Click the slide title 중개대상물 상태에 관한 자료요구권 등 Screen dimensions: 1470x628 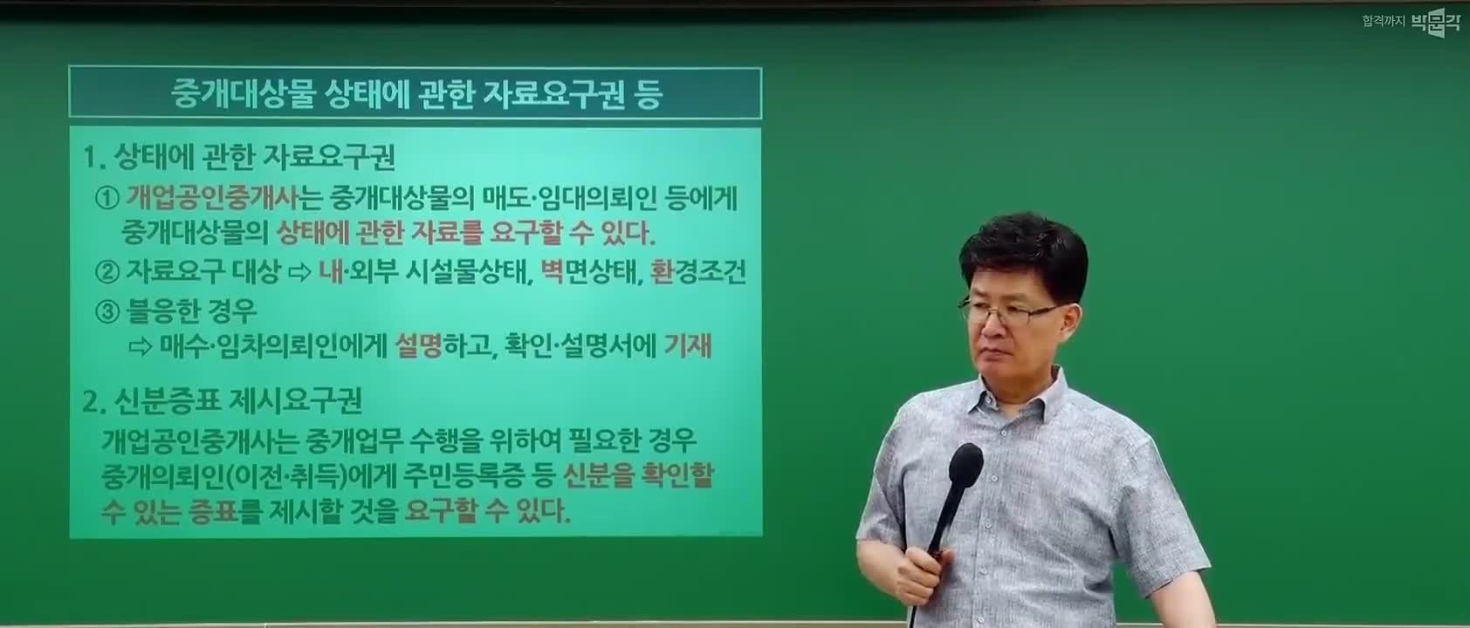tap(416, 94)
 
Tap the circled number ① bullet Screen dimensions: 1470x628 tap(107, 198)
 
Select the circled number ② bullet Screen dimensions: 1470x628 tap(107, 271)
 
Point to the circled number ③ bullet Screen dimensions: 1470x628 tap(107, 311)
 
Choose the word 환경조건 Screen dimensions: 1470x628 tap(697, 270)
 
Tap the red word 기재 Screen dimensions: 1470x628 tap(688, 345)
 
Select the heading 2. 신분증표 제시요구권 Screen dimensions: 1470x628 tap(222, 400)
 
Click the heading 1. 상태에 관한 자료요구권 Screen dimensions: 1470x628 tap(239, 156)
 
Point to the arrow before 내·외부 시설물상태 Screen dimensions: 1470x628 tap(299, 272)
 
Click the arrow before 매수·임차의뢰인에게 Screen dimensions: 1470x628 tap(141, 346)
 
